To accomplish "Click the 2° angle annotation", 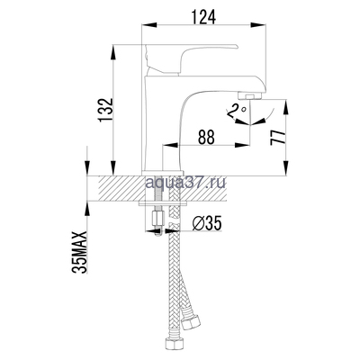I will (x=236, y=111).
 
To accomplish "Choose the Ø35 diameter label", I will (x=209, y=221).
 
